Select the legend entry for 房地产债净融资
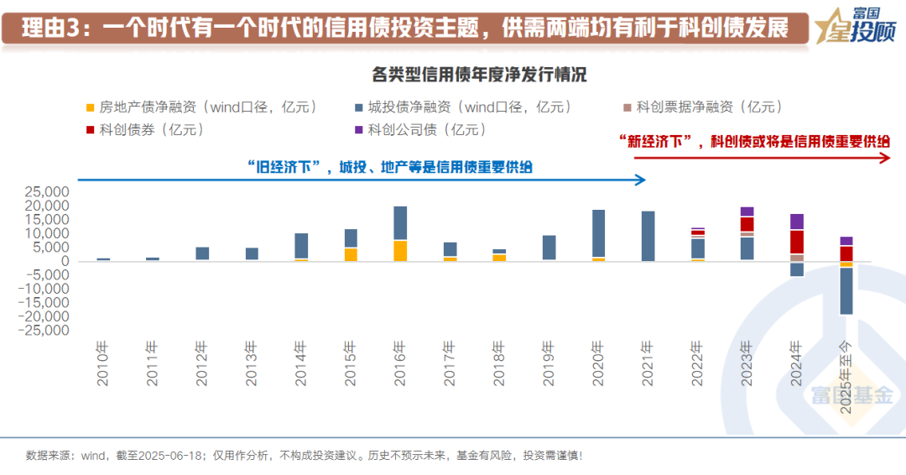[201, 107]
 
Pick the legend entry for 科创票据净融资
[704, 107]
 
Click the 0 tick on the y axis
[64, 261]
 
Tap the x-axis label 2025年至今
[847, 369]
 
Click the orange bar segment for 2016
[400, 250]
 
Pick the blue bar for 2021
[648, 236]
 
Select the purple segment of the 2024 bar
[796, 222]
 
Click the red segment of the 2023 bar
[747, 224]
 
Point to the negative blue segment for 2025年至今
[846, 290]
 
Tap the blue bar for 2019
[549, 248]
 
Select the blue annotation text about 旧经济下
[390, 167]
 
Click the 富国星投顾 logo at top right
[857, 26]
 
